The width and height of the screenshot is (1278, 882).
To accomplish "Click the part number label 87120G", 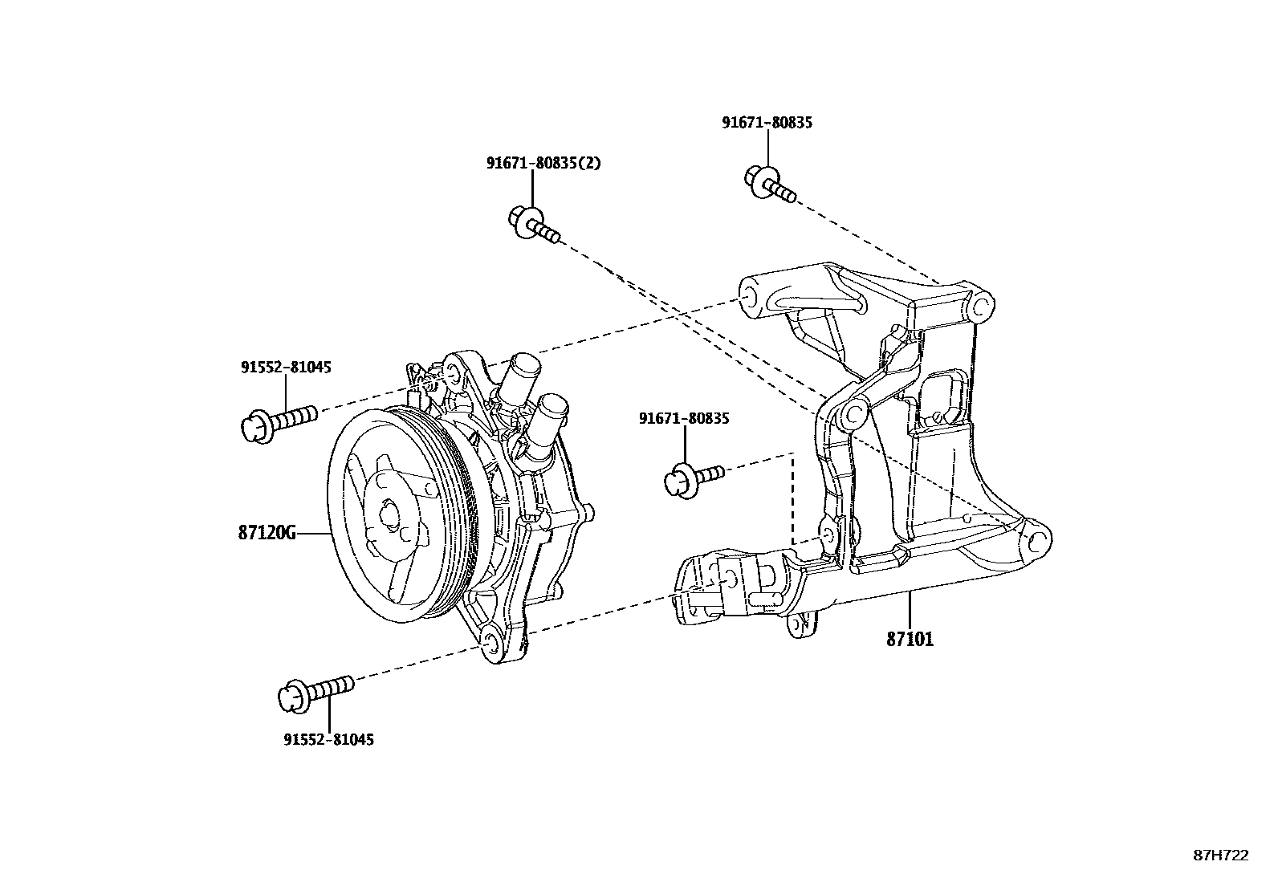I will tap(267, 532).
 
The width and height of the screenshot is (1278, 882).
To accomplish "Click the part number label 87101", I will tap(910, 640).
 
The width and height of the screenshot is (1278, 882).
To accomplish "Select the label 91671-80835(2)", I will tap(543, 163).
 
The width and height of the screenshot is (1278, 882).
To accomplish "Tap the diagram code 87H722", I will tap(1220, 855).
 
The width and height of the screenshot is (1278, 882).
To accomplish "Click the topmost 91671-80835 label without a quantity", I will tap(767, 123).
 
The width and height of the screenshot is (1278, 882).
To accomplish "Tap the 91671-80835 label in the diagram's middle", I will tap(684, 418).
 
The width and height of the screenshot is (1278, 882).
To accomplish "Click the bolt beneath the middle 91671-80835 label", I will tap(692, 477).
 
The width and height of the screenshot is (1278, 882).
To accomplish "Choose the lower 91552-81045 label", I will tap(328, 739).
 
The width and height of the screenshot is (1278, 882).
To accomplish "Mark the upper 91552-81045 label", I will tap(286, 367).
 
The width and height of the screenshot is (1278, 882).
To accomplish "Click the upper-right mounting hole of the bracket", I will tap(980, 305).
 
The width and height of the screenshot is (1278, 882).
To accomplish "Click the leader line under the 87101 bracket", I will tap(910, 610).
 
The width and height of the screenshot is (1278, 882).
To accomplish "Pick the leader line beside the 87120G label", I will tap(313, 532).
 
